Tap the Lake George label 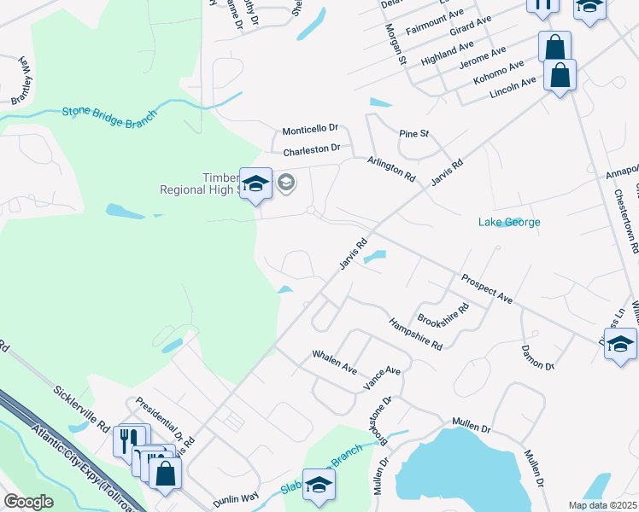(508, 223)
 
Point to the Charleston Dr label (312, 150)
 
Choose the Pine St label (413, 134)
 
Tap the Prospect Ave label (486, 288)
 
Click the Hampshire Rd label (415, 334)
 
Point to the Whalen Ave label (334, 361)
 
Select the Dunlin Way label (236, 499)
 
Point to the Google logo (28, 502)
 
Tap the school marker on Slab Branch (319, 485)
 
